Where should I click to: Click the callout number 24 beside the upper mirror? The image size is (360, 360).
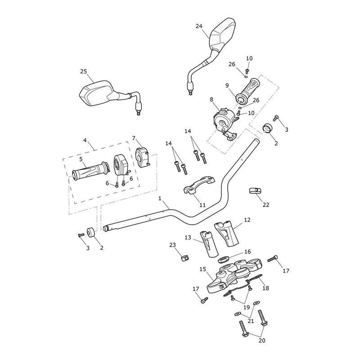199,26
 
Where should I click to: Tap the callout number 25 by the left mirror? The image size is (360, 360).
84,72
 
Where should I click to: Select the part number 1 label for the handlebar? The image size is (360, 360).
160,198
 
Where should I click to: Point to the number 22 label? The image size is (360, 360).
265,205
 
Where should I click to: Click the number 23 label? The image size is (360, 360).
172,245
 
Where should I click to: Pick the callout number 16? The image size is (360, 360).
247,252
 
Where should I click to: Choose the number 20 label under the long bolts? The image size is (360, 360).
262,341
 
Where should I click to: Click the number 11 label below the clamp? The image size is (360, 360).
202,205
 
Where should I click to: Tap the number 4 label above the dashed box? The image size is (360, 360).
85,140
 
